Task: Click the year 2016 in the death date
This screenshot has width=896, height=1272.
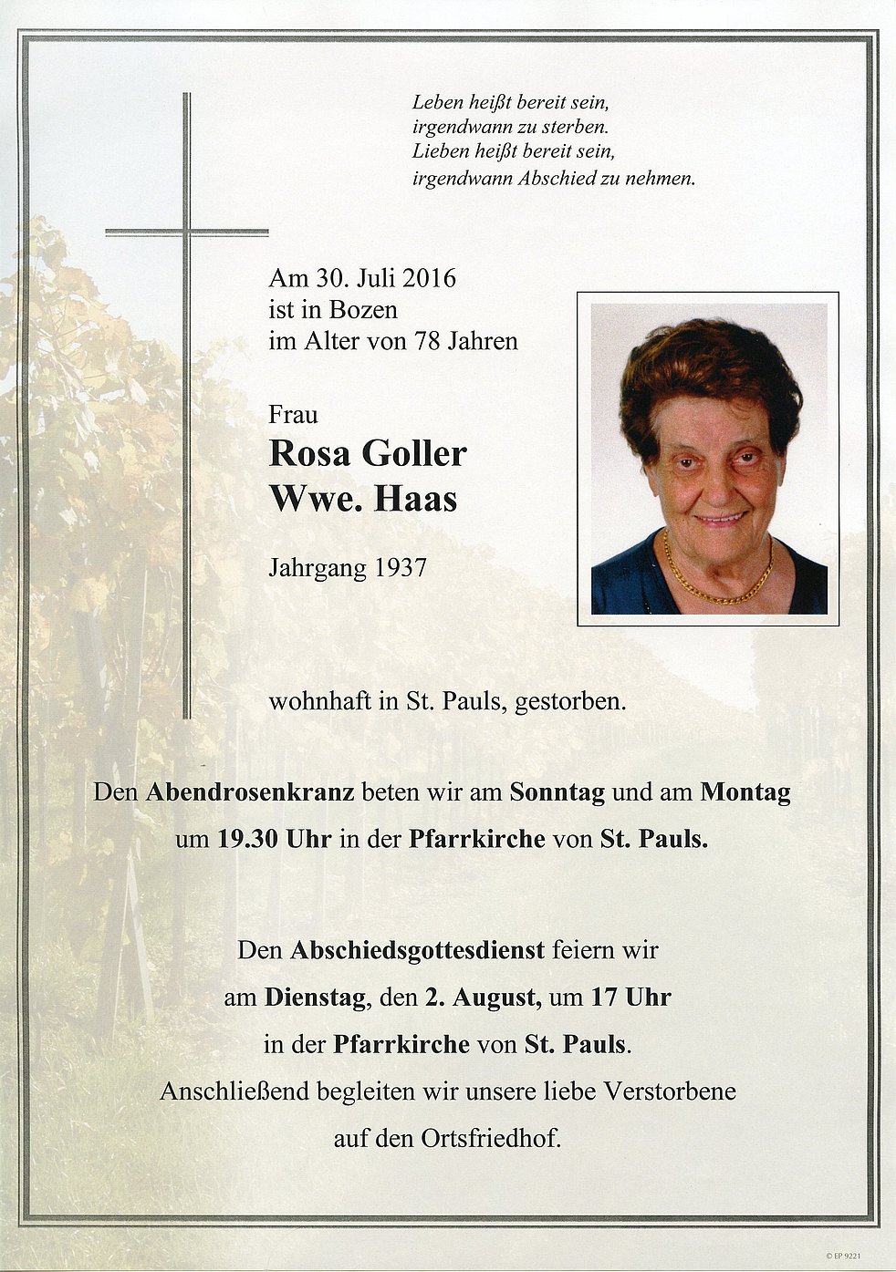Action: click(x=428, y=278)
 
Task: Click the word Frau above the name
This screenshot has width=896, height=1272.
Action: click(x=293, y=415)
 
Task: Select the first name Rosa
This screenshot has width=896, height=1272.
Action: click(x=308, y=453)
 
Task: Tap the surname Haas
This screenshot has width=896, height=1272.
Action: click(x=419, y=499)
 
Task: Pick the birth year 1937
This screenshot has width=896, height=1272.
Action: click(x=399, y=568)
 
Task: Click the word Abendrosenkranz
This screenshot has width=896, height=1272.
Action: click(x=250, y=792)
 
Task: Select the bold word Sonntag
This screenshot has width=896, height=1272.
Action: click(x=557, y=792)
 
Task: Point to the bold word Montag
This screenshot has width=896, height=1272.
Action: click(x=745, y=792)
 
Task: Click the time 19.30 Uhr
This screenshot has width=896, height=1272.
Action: click(x=274, y=839)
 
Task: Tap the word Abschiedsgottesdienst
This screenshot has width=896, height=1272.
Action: click(x=417, y=951)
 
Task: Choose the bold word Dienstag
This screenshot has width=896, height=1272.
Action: click(x=316, y=998)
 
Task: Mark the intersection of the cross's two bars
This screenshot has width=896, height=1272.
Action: click(x=187, y=232)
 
